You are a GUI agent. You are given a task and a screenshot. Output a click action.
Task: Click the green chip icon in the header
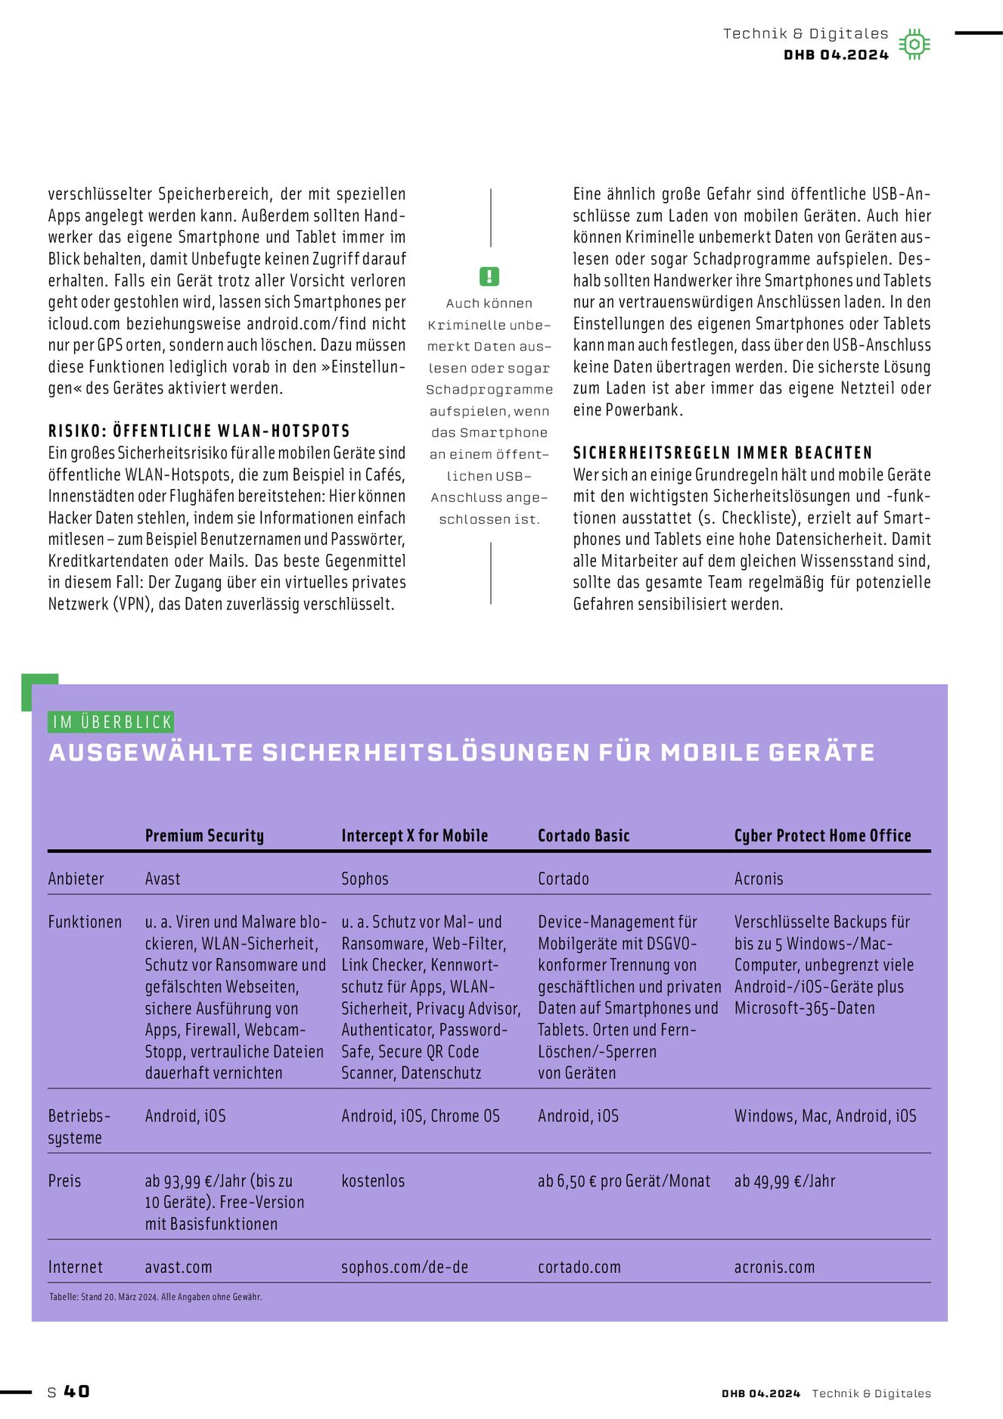coord(914,45)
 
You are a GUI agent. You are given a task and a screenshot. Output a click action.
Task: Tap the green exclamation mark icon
coord(489,276)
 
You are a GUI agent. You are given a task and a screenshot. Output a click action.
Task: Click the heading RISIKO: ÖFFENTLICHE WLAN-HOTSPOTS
coord(199,431)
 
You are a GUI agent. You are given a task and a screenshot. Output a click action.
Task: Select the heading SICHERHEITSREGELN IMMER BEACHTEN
coord(722,453)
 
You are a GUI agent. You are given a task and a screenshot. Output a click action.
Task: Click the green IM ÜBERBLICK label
coord(111,722)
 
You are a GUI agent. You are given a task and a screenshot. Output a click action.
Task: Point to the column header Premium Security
coord(204,836)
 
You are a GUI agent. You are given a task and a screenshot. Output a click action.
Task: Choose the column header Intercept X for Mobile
coord(415,836)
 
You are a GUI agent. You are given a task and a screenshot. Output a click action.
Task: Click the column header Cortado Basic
coord(583,836)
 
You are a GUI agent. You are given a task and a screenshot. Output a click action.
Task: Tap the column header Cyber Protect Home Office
coord(822,836)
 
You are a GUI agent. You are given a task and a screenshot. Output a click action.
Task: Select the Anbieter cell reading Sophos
coord(365,879)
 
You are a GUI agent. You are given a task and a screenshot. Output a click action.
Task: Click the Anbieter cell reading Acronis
coord(759,879)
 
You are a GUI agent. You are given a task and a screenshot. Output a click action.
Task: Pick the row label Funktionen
coord(85,922)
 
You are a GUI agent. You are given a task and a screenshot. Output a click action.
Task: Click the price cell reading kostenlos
coord(373,1181)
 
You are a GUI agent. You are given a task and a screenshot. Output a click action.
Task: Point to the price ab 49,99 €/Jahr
coord(784,1181)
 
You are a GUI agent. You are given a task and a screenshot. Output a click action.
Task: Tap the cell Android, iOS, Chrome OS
coord(421,1116)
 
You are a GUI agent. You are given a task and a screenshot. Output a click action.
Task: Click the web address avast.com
coord(179,1267)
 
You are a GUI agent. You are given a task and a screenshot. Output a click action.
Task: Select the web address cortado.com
coord(579,1267)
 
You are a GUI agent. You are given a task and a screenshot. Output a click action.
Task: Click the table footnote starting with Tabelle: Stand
coord(156,1296)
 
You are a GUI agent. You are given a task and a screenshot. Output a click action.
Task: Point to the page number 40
coord(76,1392)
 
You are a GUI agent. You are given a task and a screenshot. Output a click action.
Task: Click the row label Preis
coord(64,1181)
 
